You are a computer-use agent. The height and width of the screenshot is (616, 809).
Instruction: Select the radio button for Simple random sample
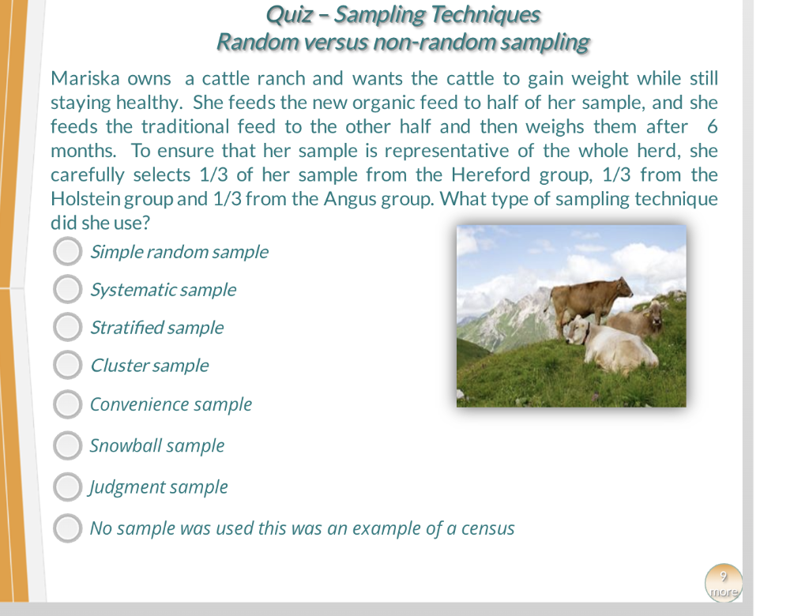point(67,252)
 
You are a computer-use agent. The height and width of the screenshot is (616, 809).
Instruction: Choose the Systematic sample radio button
point(67,290)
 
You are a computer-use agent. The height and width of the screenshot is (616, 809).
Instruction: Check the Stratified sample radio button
point(67,327)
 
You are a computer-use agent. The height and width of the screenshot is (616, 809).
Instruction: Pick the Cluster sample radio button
point(67,365)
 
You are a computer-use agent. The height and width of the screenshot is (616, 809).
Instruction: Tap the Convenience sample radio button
point(67,404)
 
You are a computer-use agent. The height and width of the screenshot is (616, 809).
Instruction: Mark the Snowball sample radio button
point(67,445)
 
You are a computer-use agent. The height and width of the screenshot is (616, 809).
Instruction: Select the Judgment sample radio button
point(67,487)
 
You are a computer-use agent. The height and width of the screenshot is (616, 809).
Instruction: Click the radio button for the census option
point(67,528)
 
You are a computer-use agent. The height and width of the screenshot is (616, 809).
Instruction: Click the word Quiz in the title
point(289,15)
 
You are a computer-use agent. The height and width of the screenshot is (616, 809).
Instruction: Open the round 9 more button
point(723,584)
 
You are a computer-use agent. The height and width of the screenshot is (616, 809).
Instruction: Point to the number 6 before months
point(712,127)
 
